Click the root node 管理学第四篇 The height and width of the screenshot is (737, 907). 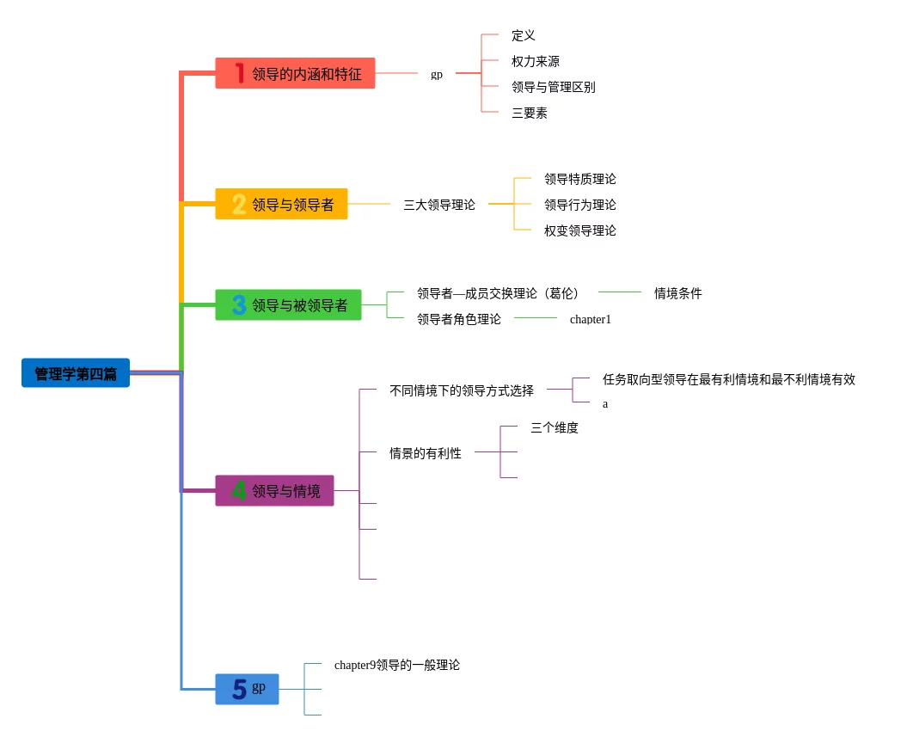point(76,373)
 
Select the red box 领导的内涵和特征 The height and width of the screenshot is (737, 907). point(295,74)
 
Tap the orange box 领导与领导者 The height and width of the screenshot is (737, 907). point(281,205)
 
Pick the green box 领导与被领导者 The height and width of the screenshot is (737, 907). point(288,305)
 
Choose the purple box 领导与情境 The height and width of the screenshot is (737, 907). point(274,491)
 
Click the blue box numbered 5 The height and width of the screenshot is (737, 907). point(247,689)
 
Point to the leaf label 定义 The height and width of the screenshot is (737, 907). point(524,35)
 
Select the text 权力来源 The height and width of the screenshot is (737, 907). point(536,61)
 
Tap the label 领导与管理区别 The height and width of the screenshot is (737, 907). point(553,87)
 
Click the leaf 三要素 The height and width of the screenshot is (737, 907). point(530,113)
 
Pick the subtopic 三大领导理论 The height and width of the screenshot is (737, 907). point(439,205)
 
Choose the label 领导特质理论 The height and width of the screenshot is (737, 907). point(579,179)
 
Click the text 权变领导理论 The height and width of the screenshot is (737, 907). point(579,230)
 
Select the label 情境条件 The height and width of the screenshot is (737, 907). point(677,293)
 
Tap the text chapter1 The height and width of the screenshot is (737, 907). point(590,319)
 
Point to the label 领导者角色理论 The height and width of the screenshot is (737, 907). point(459,319)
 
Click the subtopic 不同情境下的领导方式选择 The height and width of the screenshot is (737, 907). point(462,390)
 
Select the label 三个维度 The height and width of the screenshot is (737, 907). point(555,427)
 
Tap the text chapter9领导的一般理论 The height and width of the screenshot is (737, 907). point(397,665)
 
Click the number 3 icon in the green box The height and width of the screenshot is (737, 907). point(239,305)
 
